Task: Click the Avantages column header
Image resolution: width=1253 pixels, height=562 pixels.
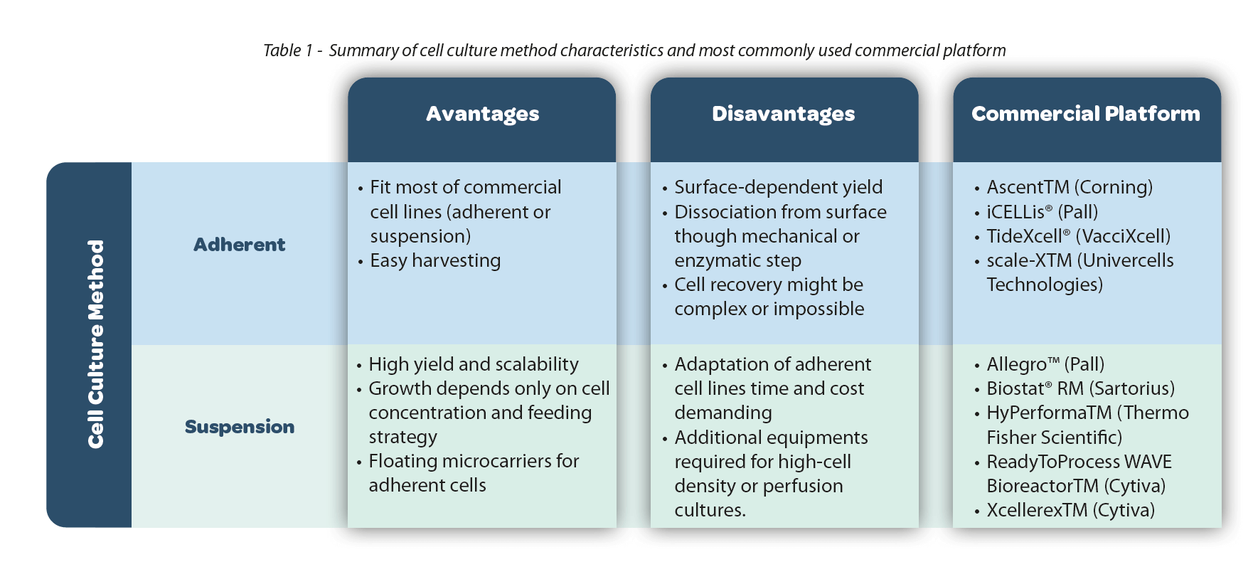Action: pyautogui.click(x=482, y=114)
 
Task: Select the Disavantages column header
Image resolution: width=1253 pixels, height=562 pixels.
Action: pyautogui.click(x=783, y=114)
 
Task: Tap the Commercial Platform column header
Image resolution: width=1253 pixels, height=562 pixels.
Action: pyautogui.click(x=1086, y=114)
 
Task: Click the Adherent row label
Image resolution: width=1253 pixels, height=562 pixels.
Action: pyautogui.click(x=239, y=245)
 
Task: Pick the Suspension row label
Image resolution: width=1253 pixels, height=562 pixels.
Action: pyautogui.click(x=240, y=427)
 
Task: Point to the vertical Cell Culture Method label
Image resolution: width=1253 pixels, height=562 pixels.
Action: pyautogui.click(x=95, y=344)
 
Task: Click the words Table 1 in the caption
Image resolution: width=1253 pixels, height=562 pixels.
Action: pyautogui.click(x=288, y=51)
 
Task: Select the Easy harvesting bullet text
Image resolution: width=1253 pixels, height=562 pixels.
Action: pyautogui.click(x=435, y=260)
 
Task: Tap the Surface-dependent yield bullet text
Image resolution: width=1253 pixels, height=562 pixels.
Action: pyautogui.click(x=778, y=187)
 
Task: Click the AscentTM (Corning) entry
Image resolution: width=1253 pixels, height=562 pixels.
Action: pyautogui.click(x=1070, y=187)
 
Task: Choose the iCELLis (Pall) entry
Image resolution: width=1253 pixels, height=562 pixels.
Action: pyautogui.click(x=1042, y=212)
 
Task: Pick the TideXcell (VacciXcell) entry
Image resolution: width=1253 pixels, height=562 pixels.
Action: pyautogui.click(x=1078, y=236)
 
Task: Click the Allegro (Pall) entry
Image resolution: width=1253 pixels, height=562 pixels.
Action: pyautogui.click(x=1045, y=364)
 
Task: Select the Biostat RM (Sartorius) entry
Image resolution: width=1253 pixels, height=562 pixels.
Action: pyautogui.click(x=1080, y=388)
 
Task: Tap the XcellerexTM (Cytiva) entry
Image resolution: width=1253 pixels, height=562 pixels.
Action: pyautogui.click(x=1070, y=510)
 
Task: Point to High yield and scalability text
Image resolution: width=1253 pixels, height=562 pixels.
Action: pyautogui.click(x=474, y=364)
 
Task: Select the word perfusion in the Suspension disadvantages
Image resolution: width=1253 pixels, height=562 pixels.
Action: pyautogui.click(x=802, y=486)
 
